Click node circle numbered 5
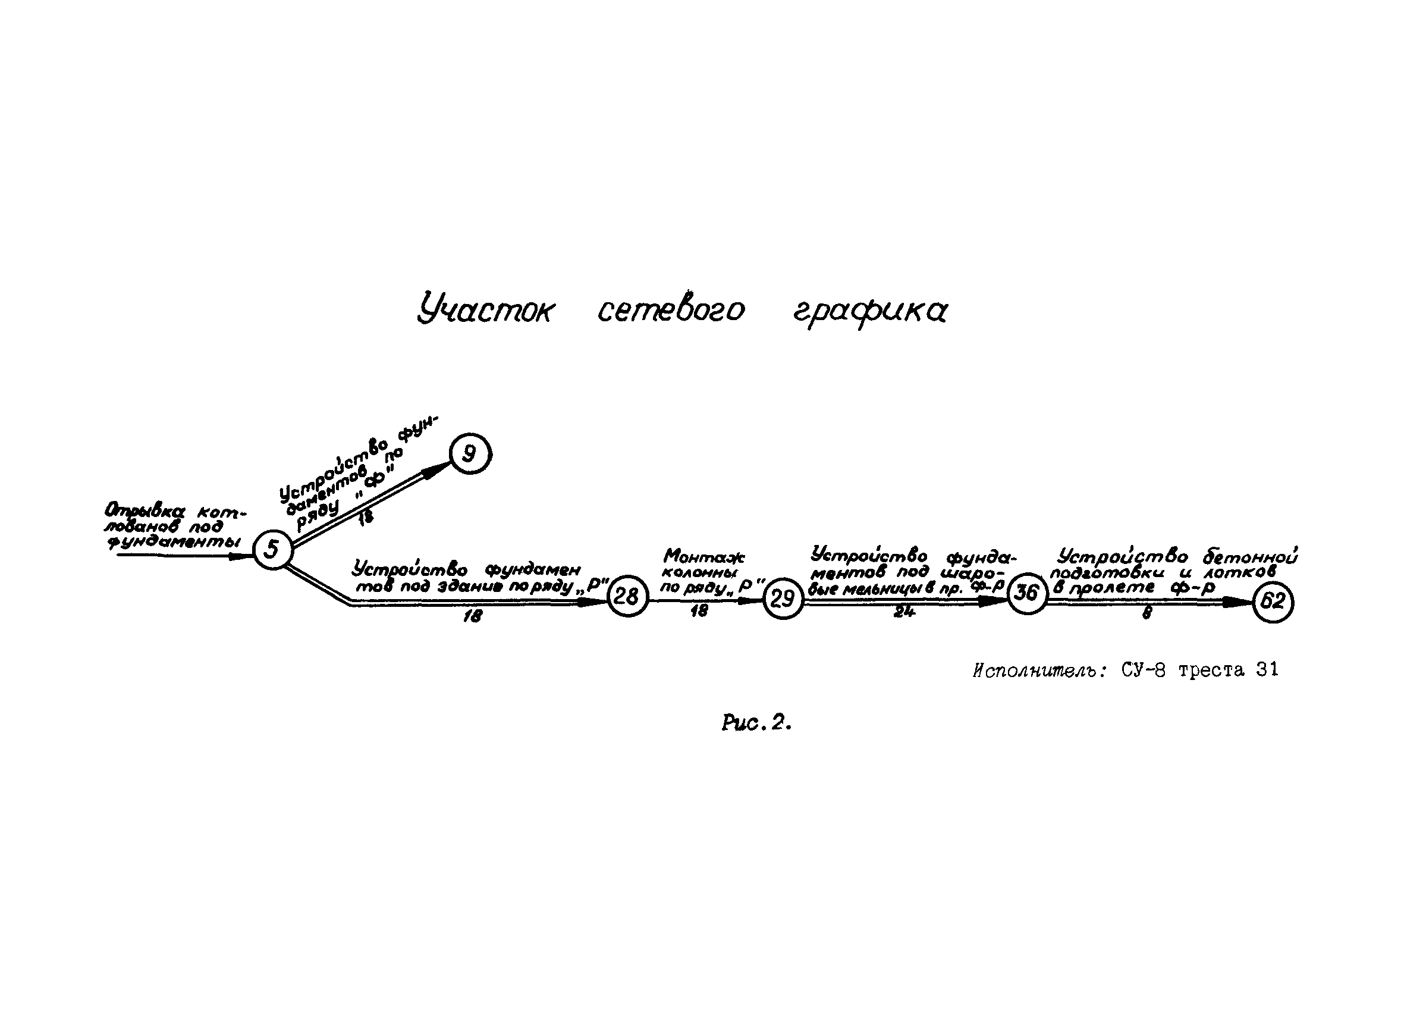[272, 549]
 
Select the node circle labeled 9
[470, 455]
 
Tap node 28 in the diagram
[627, 596]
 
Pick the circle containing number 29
[783, 599]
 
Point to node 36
[1027, 593]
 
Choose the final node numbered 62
[1273, 601]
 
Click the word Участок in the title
[486, 310]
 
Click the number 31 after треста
[1267, 670]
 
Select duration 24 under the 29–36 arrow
[904, 613]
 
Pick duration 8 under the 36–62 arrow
[1147, 613]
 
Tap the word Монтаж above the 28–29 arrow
[704, 557]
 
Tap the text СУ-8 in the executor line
[1143, 670]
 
